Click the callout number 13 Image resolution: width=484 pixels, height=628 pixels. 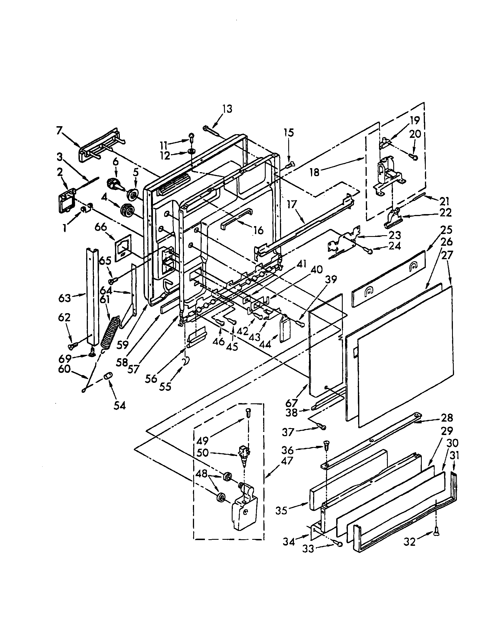[227, 110]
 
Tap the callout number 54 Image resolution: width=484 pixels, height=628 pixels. [120, 406]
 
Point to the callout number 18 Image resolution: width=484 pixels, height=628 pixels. [315, 173]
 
